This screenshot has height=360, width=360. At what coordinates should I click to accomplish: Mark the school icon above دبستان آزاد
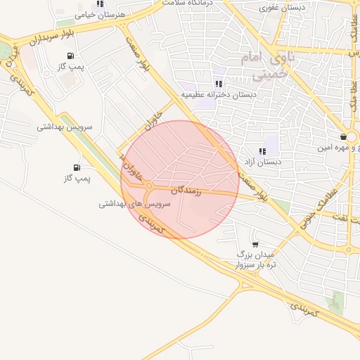[x=262, y=150]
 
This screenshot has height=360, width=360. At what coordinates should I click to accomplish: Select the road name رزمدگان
[x=186, y=191]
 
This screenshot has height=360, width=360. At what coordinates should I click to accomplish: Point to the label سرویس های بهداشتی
[x=135, y=203]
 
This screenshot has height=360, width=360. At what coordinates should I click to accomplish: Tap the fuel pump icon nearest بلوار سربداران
[x=70, y=56]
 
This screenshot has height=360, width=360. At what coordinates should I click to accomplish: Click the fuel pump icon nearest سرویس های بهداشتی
[x=76, y=167]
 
